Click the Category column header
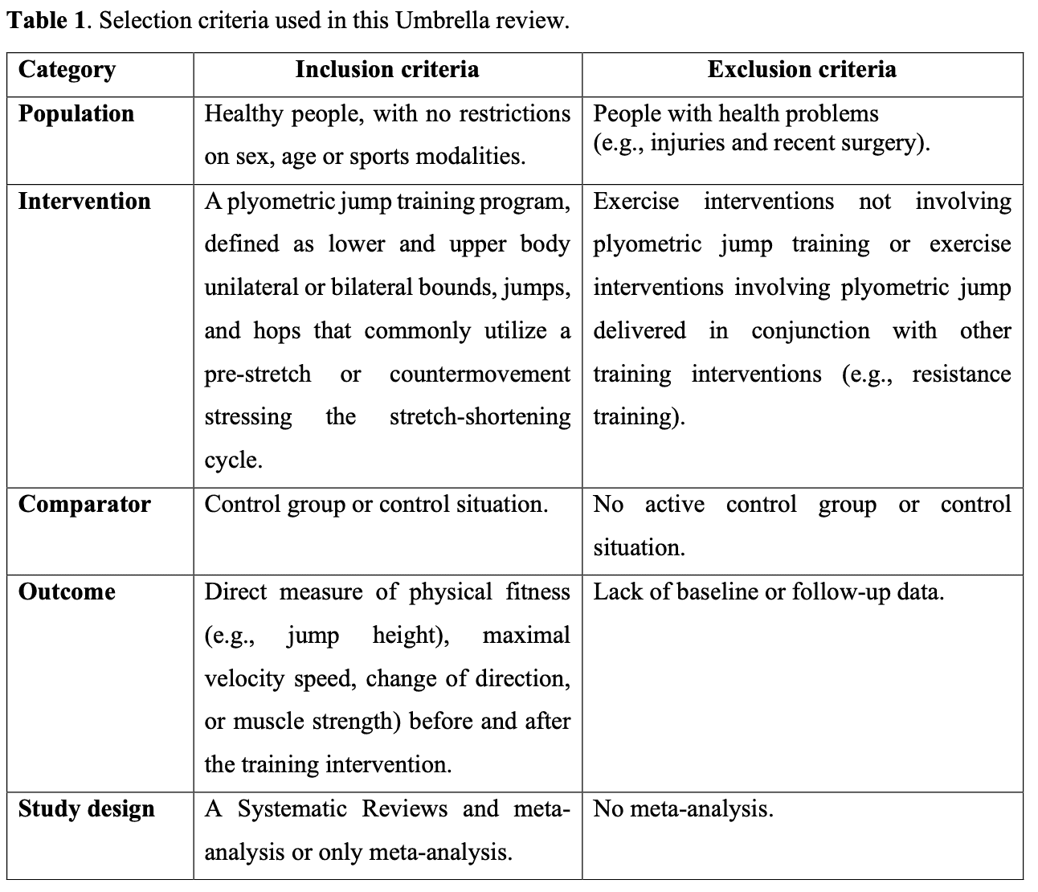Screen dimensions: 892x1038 67,70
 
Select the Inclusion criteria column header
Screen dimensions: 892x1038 386,70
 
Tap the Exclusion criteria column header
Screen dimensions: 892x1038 801,70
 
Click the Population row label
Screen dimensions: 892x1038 76,114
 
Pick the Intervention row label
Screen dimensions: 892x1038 84,201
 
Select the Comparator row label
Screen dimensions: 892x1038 84,505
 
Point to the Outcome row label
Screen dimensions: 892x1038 67,592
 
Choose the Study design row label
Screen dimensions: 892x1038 87,808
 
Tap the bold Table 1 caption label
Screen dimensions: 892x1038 45,20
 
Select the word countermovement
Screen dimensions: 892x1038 480,374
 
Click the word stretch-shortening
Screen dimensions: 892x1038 480,417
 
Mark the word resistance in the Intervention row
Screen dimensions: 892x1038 961,374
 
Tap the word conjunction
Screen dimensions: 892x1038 810,331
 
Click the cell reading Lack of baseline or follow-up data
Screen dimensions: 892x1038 769,592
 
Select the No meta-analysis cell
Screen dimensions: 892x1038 683,808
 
